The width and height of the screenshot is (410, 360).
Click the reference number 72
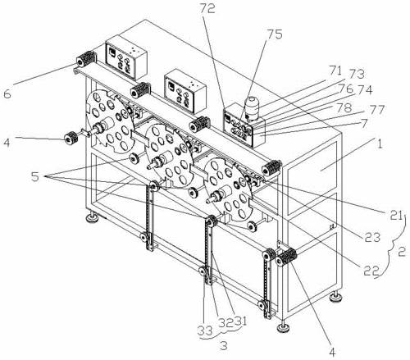pos(207,9)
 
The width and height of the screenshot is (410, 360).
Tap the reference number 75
pos(275,34)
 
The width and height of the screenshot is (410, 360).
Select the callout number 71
pos(335,71)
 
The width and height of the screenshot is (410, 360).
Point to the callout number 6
pos(7,94)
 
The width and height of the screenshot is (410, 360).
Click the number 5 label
pos(35,177)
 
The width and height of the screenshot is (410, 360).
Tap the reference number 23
pos(373,237)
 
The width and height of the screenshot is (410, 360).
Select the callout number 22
pos(371,271)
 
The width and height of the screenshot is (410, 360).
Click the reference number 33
pos(205,330)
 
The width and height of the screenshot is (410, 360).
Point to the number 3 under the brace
pos(224,346)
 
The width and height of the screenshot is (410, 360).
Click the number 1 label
pos(380,144)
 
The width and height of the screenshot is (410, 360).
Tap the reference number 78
pos(344,107)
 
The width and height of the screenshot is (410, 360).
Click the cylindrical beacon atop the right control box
pos(253,108)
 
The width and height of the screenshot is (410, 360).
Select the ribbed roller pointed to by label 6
pos(86,59)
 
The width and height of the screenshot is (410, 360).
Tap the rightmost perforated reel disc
pos(229,190)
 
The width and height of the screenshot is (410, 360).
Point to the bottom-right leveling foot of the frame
pos(336,296)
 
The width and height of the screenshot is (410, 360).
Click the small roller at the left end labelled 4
pos(71,137)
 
